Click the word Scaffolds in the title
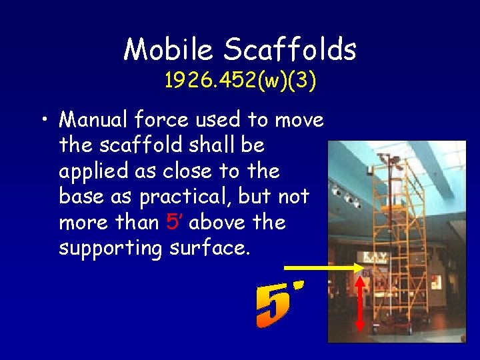tap(290, 49)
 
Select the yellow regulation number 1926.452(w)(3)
tap(241, 81)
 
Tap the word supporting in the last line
tap(110, 249)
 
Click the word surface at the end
tap(210, 247)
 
